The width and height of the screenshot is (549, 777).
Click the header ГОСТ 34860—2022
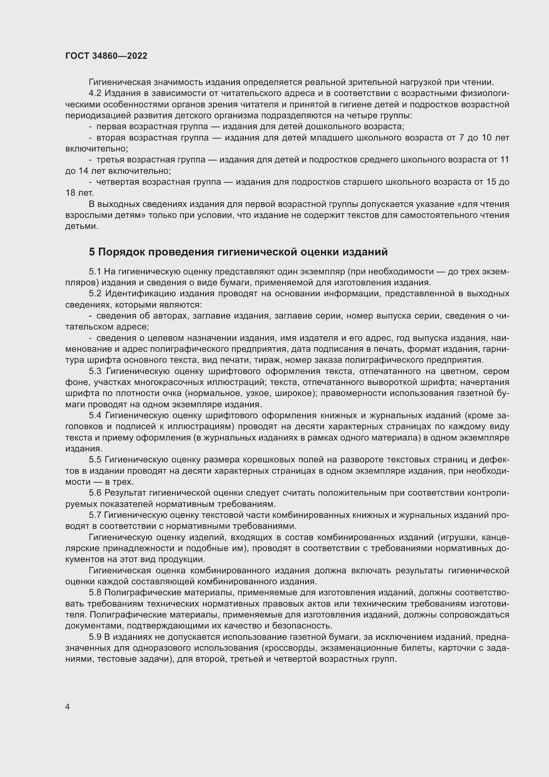[x=106, y=56]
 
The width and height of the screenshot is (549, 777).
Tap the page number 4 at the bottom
[x=67, y=707]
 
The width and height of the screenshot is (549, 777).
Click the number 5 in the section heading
[x=92, y=252]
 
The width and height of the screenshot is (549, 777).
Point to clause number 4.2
[x=95, y=93]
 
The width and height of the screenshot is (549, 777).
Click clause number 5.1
[x=95, y=272]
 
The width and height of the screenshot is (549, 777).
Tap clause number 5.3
[x=95, y=371]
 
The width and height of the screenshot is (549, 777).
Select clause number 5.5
[x=95, y=459]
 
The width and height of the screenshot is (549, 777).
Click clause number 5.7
[x=95, y=515]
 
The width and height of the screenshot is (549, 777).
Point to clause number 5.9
[x=95, y=637]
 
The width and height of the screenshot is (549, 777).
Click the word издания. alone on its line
[x=83, y=449]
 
